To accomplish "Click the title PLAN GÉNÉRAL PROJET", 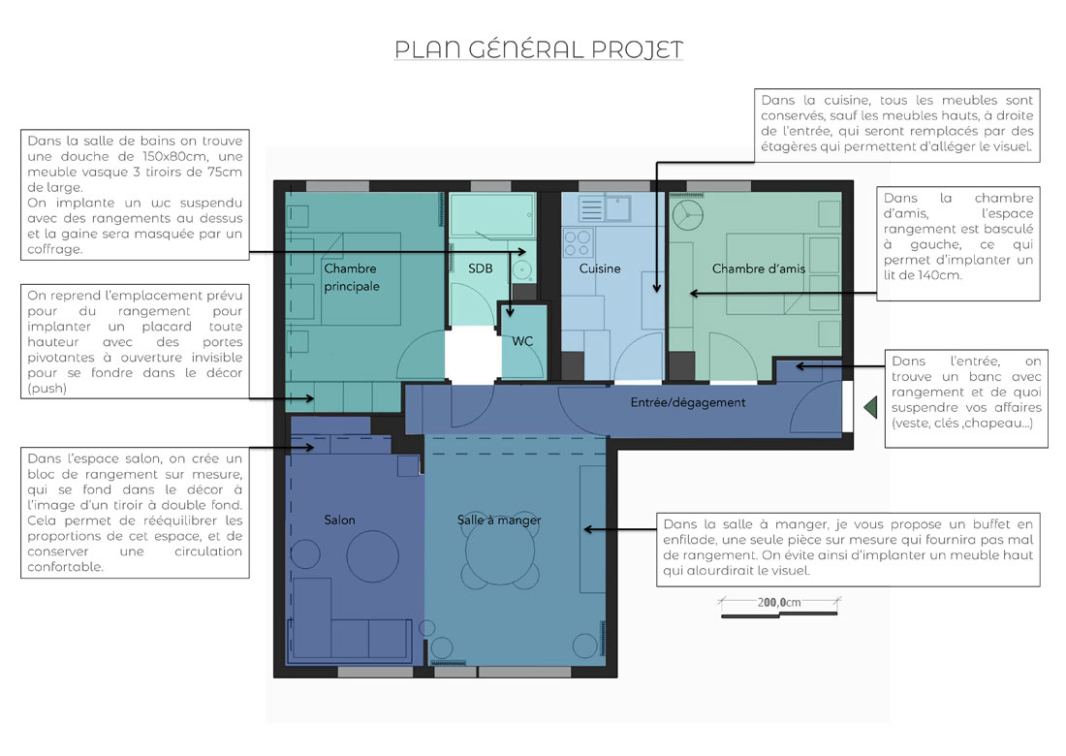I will click(539, 49).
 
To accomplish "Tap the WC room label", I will click(522, 341).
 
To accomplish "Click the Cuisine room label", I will click(600, 268).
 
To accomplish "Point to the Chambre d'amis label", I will click(759, 268).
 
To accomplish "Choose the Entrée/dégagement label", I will click(688, 402).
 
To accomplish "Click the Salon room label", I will click(339, 520).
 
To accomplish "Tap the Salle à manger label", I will click(499, 520).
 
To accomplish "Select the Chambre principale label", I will click(352, 277).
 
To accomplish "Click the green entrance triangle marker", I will click(869, 407).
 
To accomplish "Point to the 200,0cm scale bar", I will click(778, 604).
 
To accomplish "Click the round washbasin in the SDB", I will click(521, 269).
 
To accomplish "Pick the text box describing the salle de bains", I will click(135, 195).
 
